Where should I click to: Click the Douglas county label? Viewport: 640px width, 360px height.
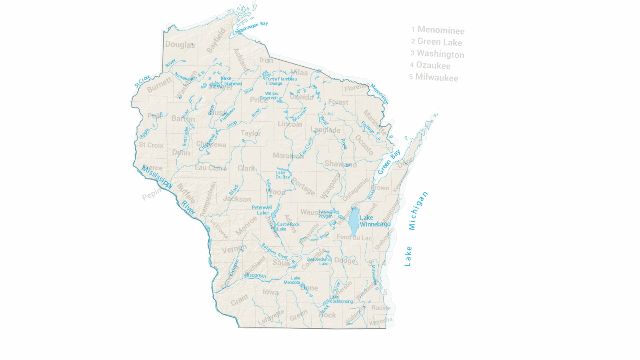click(x=180, y=45)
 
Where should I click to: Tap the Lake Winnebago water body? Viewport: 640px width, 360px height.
click(x=354, y=222)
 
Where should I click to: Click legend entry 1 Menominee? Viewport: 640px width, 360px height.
click(x=437, y=30)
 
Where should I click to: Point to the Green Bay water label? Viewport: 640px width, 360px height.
click(x=389, y=162)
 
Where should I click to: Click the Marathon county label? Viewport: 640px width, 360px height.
click(x=288, y=156)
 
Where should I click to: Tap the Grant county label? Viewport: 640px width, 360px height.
click(x=240, y=300)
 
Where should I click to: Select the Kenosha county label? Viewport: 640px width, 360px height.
click(x=381, y=321)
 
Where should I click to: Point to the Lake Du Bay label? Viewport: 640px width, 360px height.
click(x=282, y=175)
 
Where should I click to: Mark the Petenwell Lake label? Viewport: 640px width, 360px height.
click(x=262, y=210)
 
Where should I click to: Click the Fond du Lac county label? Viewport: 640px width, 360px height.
click(x=354, y=237)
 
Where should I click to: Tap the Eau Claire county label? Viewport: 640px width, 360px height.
click(x=211, y=168)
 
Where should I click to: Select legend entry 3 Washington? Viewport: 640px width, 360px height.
click(x=437, y=54)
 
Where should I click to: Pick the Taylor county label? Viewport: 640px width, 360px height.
click(x=251, y=133)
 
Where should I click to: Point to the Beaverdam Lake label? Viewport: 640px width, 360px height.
click(x=318, y=261)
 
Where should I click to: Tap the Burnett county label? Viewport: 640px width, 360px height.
click(x=159, y=85)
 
